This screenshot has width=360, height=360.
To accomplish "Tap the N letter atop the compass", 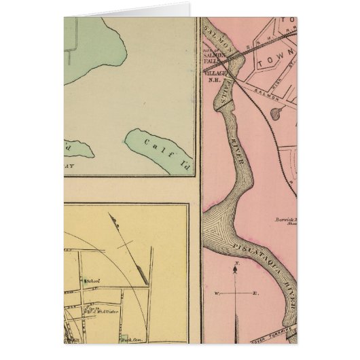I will click(x=234, y=262).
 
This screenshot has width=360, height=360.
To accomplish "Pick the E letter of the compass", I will click(x=255, y=293).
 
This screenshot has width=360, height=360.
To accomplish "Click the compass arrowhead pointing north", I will click(x=235, y=270).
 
